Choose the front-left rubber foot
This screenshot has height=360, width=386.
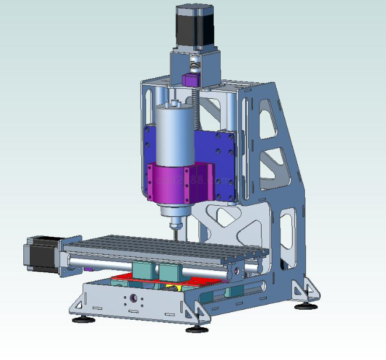point(81,320)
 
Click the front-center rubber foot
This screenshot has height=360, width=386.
point(197,328)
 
